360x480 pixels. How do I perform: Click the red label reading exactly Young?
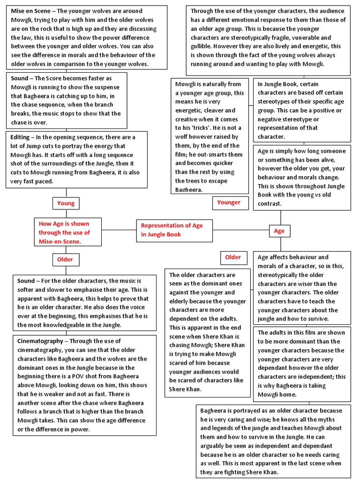[66, 203]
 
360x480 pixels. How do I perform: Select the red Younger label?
[229, 202]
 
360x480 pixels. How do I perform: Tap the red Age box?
[279, 231]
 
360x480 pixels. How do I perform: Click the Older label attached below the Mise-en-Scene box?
[65, 259]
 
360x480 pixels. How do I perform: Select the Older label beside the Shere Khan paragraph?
[233, 257]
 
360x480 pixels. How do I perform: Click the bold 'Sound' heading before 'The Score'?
[20, 78]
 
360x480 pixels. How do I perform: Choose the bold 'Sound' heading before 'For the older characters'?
[26, 281]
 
